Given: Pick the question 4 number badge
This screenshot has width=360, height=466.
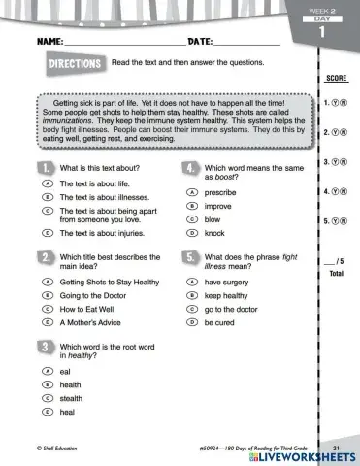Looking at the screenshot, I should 191,169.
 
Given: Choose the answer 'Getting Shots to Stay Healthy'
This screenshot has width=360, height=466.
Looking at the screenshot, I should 110,282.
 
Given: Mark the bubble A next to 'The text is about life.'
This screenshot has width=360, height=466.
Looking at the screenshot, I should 46,183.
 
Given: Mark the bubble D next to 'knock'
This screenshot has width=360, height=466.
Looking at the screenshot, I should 192,233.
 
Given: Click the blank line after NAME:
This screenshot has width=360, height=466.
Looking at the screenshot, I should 124,44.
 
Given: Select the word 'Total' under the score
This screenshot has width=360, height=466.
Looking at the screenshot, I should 337,274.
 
